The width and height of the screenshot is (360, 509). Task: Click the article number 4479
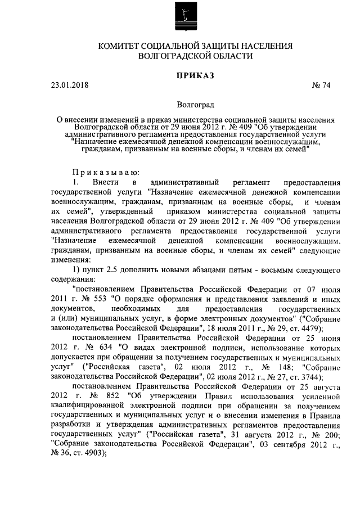[307, 328]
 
